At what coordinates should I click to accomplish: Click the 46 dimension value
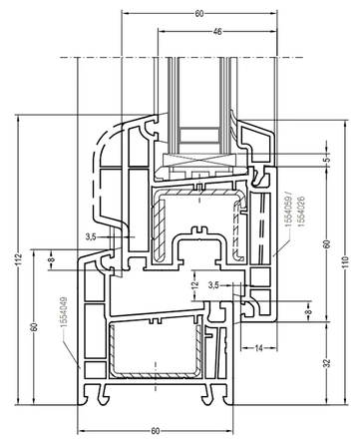(217, 32)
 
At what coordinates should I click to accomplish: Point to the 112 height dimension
(18, 259)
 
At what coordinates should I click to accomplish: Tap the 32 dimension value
(327, 363)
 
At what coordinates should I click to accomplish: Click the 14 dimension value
(258, 348)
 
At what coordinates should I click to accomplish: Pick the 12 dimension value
(195, 284)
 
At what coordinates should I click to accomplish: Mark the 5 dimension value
(327, 159)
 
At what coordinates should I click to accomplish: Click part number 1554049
(64, 312)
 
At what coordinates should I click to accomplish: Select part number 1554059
(288, 212)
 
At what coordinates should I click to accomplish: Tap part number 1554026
(301, 212)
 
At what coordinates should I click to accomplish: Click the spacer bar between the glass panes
(199, 135)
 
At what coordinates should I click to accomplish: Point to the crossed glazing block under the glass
(199, 161)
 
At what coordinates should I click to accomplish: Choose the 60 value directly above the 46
(199, 14)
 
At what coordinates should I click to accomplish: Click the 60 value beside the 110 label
(327, 243)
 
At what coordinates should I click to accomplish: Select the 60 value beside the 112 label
(34, 327)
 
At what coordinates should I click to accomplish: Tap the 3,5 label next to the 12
(213, 285)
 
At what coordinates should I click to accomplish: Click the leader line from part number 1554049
(71, 351)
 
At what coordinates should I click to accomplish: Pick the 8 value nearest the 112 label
(51, 259)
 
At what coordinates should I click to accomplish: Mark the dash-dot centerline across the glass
(181, 57)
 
